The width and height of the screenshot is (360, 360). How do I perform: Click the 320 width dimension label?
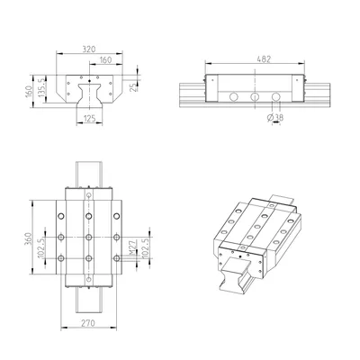click(89, 49)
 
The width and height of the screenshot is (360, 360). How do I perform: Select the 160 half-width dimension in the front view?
click(105, 59)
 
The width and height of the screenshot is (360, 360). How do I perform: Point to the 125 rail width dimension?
click(89, 118)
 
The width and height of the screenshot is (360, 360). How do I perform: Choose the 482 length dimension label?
click(264, 59)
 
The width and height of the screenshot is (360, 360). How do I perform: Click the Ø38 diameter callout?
click(275, 118)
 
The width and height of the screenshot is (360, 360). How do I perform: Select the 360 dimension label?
click(28, 238)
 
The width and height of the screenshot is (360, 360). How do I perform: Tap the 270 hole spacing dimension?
click(88, 323)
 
